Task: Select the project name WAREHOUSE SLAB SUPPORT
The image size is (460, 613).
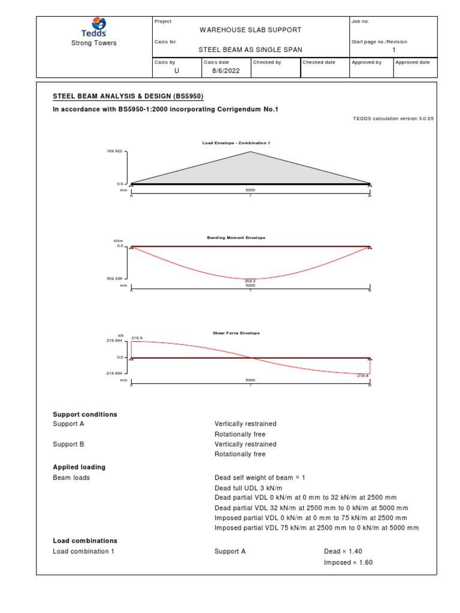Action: click(250, 29)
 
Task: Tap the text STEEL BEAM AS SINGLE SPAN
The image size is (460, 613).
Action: click(250, 50)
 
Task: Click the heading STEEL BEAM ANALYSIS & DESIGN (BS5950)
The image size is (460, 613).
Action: click(132, 96)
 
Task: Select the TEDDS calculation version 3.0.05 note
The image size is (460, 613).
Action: click(394, 119)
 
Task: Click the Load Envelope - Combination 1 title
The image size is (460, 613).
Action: click(233, 143)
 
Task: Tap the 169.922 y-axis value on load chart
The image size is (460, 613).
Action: click(114, 151)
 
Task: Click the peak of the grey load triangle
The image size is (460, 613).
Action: click(250, 153)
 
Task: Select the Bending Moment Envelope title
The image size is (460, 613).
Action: click(236, 238)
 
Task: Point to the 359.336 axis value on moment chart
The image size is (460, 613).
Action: click(114, 278)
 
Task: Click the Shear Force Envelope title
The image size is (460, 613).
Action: click(236, 333)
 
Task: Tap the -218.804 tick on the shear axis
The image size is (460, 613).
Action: click(113, 373)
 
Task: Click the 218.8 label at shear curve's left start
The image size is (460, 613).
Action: click(137, 338)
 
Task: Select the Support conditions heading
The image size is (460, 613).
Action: click(85, 414)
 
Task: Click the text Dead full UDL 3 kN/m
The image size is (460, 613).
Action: click(248, 487)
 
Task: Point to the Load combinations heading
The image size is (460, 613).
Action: click(85, 541)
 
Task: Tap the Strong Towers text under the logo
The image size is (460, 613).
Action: click(94, 43)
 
